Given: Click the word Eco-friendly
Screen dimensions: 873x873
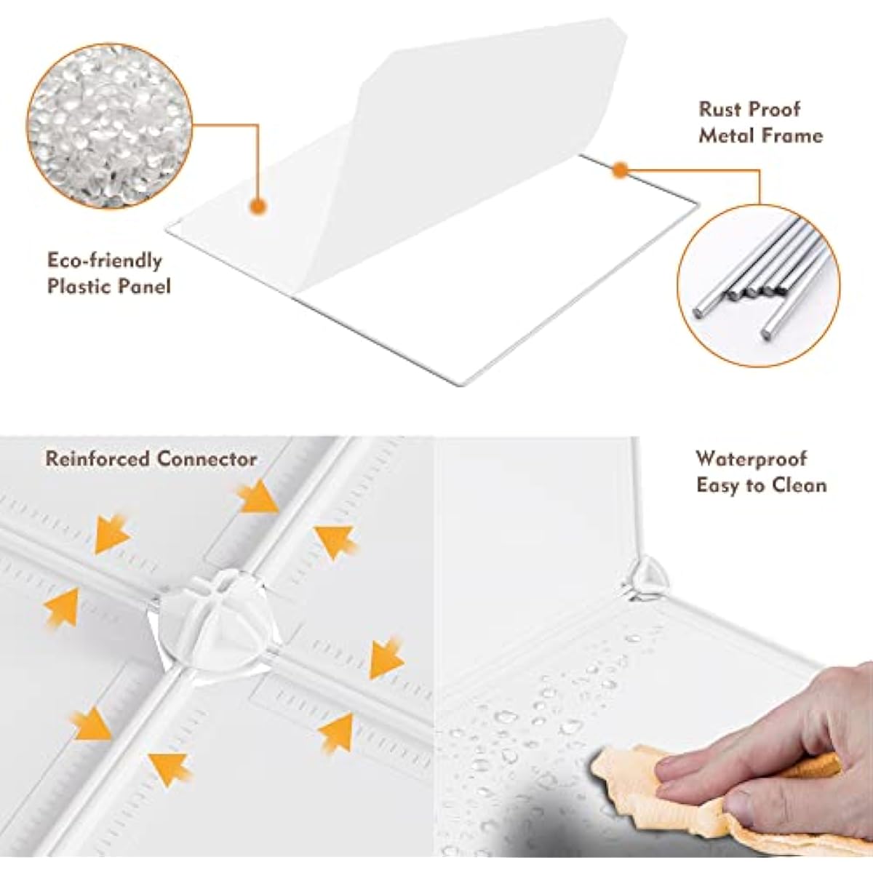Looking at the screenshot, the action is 105,261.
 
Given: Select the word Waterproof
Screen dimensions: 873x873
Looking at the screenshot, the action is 752,459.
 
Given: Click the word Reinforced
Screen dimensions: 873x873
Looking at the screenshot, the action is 97,459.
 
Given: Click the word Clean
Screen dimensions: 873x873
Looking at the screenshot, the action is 798,485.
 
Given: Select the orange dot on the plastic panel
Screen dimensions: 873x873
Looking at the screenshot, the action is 259,207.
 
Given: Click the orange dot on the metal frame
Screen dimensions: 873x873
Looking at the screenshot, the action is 619,170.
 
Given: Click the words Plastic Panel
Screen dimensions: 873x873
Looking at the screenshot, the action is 109,287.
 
